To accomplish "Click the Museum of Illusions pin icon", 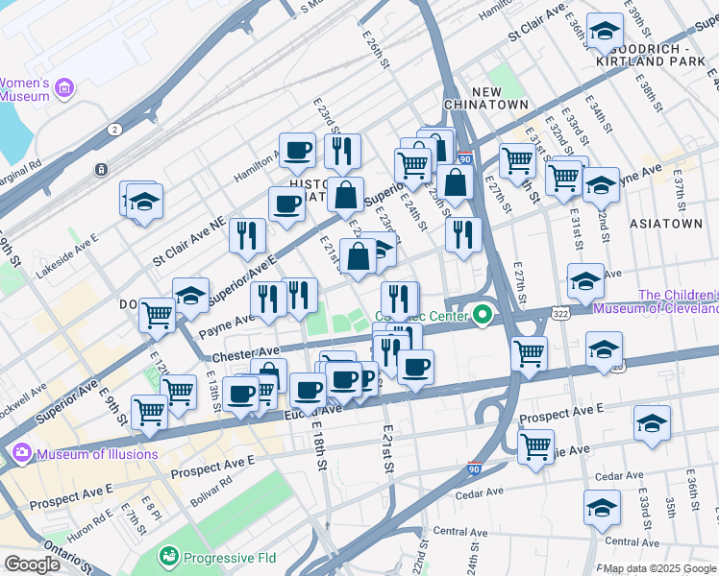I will [22, 452].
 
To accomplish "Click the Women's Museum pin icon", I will [65, 89].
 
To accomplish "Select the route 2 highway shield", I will [115, 129].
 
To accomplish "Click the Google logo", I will [32, 564].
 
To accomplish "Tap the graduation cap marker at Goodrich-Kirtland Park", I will [605, 31].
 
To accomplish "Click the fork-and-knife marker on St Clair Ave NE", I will [247, 235].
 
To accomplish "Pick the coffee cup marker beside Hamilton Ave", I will [297, 150].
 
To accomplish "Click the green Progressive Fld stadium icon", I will [169, 556].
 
